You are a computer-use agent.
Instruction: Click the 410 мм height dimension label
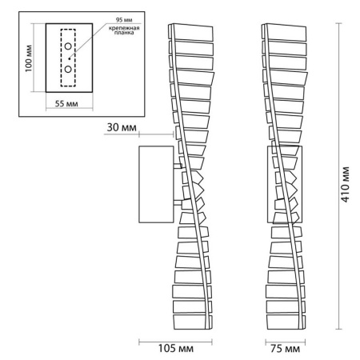click(x=345, y=185)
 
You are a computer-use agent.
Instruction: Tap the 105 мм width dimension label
click(x=176, y=348)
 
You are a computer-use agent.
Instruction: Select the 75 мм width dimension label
click(x=285, y=348)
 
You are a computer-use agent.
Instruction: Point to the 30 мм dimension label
click(x=122, y=127)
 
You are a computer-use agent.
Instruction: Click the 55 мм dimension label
click(x=66, y=103)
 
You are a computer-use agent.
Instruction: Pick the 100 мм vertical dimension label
click(x=29, y=58)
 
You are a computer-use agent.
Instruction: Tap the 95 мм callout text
click(x=124, y=20)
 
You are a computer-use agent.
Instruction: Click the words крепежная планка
click(x=124, y=30)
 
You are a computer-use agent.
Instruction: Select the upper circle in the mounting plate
click(x=68, y=46)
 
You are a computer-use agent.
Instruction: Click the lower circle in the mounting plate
click(x=68, y=69)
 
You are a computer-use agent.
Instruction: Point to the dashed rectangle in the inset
click(x=61, y=58)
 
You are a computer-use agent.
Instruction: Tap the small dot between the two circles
click(x=69, y=58)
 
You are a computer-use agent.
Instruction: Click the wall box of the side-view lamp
click(x=139, y=184)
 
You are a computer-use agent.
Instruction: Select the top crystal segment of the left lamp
click(x=191, y=33)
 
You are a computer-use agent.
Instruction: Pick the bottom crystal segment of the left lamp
click(x=192, y=322)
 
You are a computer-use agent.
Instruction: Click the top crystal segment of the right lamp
click(x=284, y=33)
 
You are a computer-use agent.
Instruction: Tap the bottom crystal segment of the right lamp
click(x=286, y=322)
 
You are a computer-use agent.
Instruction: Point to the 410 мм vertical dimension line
click(x=338, y=176)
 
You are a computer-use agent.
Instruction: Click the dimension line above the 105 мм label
click(x=175, y=342)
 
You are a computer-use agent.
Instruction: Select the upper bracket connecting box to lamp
click(x=178, y=166)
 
